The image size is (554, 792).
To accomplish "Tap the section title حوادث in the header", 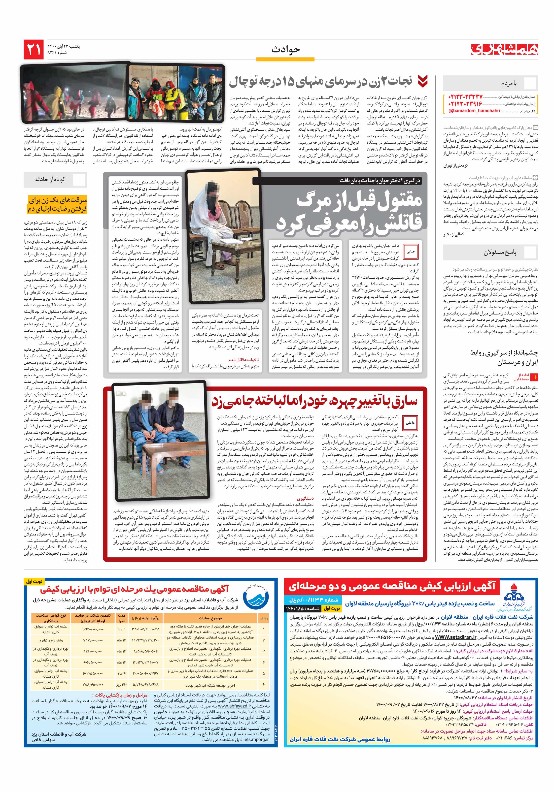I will [286, 50].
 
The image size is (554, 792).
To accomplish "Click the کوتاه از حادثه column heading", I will [50, 179].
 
